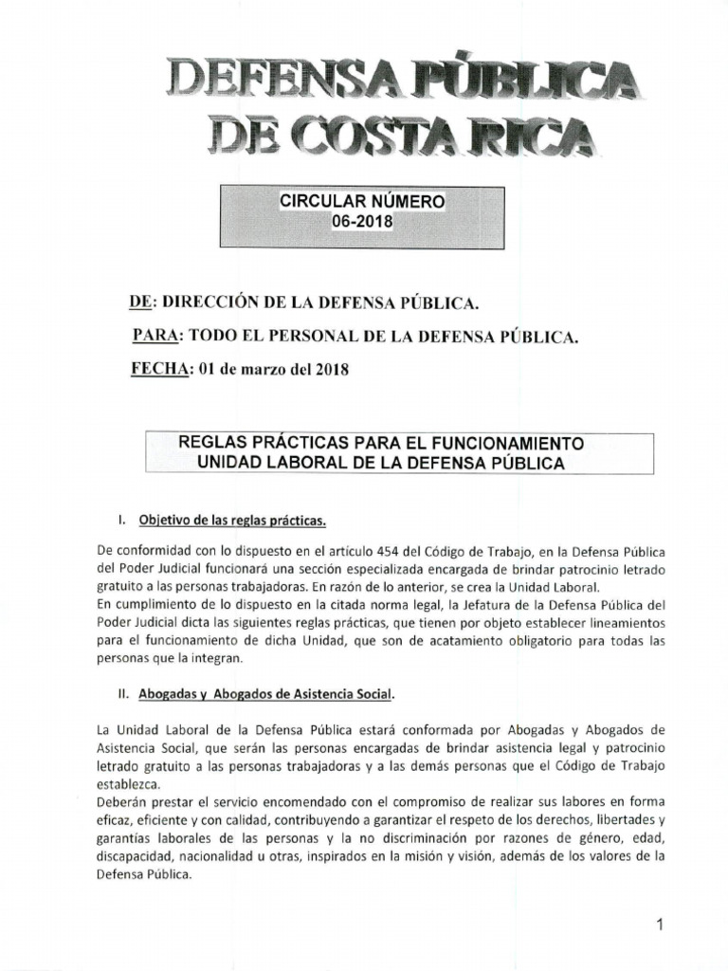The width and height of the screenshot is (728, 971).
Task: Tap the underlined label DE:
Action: (140, 303)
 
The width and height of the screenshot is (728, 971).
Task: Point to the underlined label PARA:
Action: (155, 336)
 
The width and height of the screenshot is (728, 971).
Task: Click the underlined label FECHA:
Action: (161, 370)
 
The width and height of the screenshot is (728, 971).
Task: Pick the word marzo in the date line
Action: (261, 370)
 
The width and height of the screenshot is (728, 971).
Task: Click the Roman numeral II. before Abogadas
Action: (122, 693)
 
